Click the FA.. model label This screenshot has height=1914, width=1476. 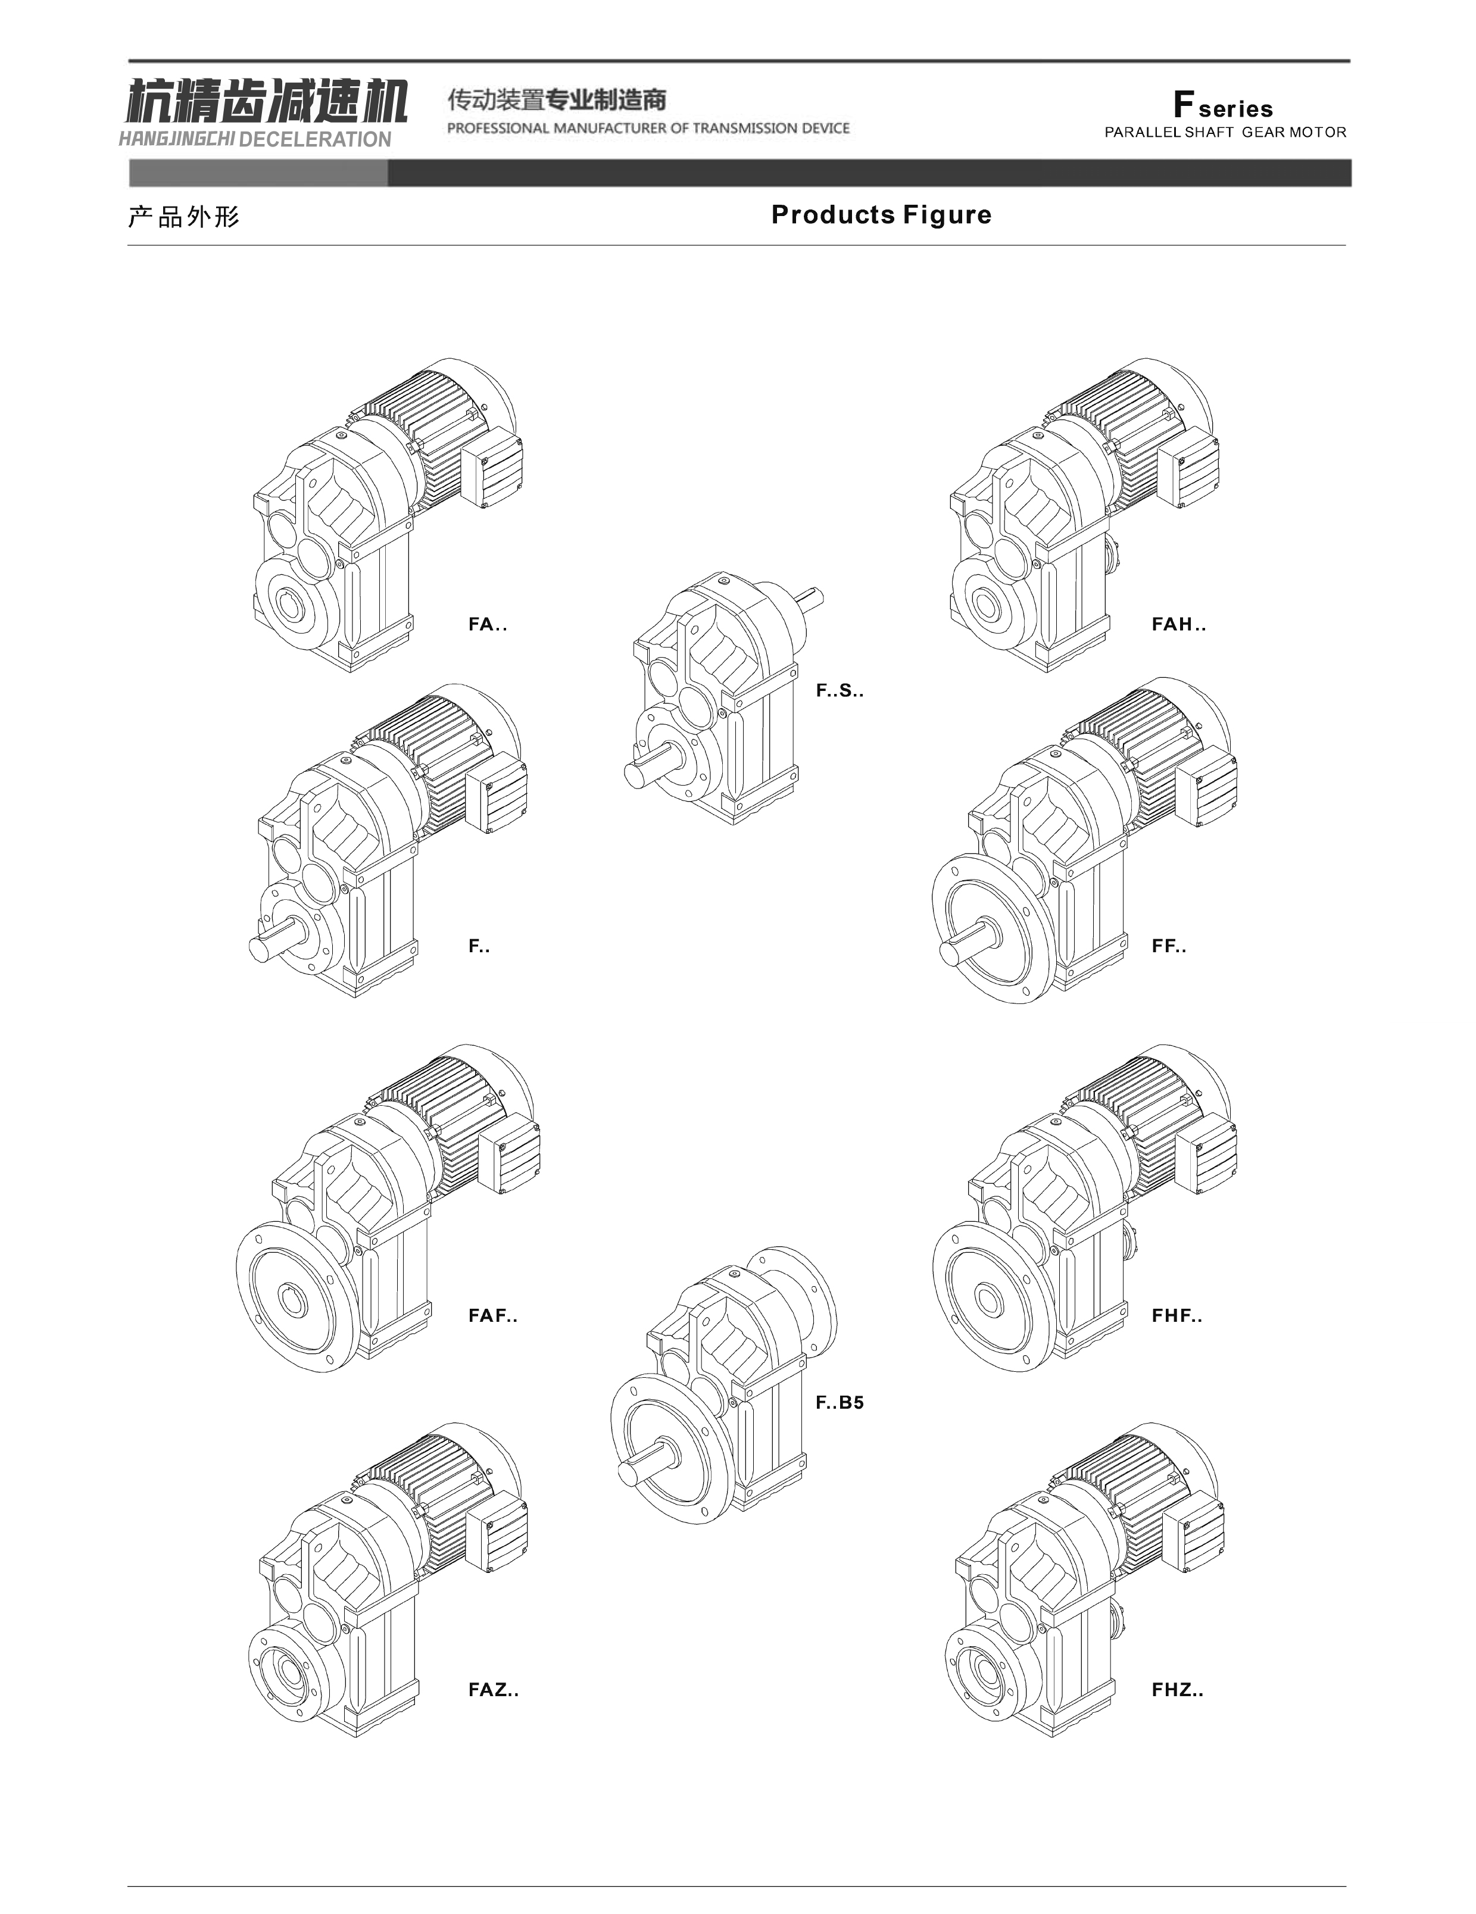(x=487, y=625)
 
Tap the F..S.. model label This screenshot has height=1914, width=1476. (x=840, y=690)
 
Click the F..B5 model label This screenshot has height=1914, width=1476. (x=840, y=1402)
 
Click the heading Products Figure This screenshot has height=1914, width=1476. (x=881, y=215)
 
